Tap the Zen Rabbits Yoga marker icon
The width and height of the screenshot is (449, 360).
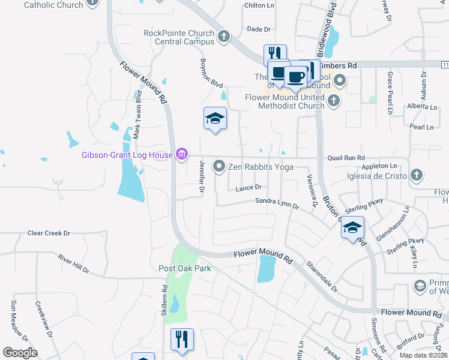coord(220,166)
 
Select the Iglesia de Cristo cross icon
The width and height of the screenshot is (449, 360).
coord(416,175)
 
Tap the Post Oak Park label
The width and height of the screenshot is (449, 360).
coord(185,268)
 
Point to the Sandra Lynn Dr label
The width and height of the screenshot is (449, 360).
coord(277,203)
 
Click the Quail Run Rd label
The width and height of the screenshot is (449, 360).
coord(346,158)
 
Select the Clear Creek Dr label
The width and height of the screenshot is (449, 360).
coord(49,233)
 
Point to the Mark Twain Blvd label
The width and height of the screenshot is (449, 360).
coord(137,115)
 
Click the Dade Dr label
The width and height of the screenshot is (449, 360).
coord(259,29)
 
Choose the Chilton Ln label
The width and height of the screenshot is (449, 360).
coord(259,5)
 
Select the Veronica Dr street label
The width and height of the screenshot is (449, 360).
coord(311,191)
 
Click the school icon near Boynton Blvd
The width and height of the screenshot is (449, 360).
coord(214,118)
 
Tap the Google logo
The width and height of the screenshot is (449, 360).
coord(20,353)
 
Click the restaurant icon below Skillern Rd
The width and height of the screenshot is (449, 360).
coord(182,339)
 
